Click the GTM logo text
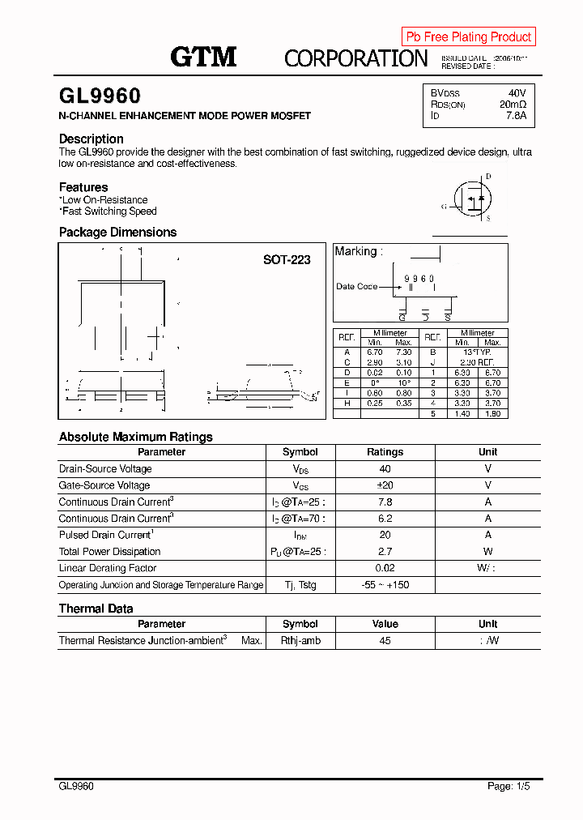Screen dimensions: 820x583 203,57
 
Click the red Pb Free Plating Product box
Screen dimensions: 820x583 468,36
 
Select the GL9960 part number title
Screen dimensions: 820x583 100,96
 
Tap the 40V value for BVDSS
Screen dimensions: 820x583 517,93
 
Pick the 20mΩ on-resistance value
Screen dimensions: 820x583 513,105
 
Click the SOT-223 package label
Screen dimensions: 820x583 287,260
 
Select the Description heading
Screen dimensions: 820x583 91,139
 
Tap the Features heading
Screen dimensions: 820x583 83,187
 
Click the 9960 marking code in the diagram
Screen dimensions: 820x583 419,278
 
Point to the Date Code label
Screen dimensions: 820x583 356,287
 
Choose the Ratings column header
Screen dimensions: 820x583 385,452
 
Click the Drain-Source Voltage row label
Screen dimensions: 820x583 105,469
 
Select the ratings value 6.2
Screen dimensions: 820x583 385,519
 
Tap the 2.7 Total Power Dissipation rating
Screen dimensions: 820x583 385,552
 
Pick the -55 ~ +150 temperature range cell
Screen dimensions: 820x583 385,585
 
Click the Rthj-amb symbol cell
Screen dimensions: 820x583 300,641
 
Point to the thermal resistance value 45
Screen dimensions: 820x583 385,641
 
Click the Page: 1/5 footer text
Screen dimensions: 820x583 509,786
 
